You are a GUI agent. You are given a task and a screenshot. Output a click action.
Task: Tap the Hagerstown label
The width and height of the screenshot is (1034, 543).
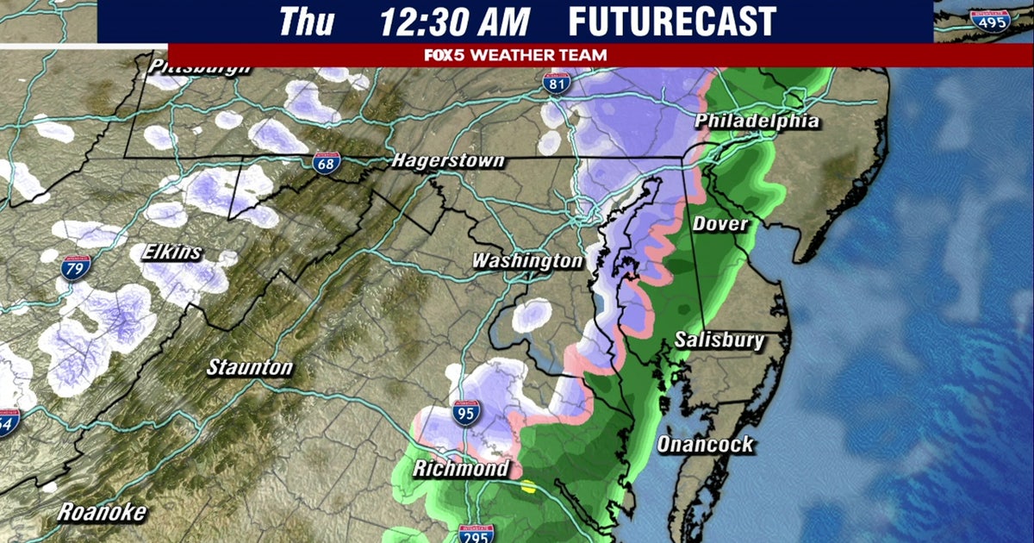(x=447, y=161)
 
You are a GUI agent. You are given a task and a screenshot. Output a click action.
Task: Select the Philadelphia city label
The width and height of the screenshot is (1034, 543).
(x=757, y=121)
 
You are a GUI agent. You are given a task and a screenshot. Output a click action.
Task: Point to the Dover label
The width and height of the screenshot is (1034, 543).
(x=720, y=224)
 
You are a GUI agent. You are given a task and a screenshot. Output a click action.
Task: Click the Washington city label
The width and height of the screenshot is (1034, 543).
(x=526, y=260)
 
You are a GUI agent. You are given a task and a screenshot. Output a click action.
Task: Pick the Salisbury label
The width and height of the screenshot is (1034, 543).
(x=719, y=340)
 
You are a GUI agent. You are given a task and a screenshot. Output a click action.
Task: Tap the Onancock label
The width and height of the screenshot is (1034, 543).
(x=705, y=445)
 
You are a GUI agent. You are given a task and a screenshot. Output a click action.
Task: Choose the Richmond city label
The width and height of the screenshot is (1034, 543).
(x=460, y=470)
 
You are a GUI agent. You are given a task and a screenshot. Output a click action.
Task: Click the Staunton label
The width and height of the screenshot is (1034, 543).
(x=250, y=368)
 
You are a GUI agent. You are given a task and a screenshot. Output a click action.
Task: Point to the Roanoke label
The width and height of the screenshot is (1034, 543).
(x=102, y=512)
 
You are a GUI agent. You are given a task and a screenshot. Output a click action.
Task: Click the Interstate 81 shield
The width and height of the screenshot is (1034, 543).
(x=556, y=83)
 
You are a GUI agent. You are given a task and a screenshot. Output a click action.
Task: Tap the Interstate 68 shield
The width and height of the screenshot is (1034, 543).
(x=326, y=163)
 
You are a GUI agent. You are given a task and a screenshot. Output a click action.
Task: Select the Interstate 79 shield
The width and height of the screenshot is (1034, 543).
(x=76, y=267)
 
